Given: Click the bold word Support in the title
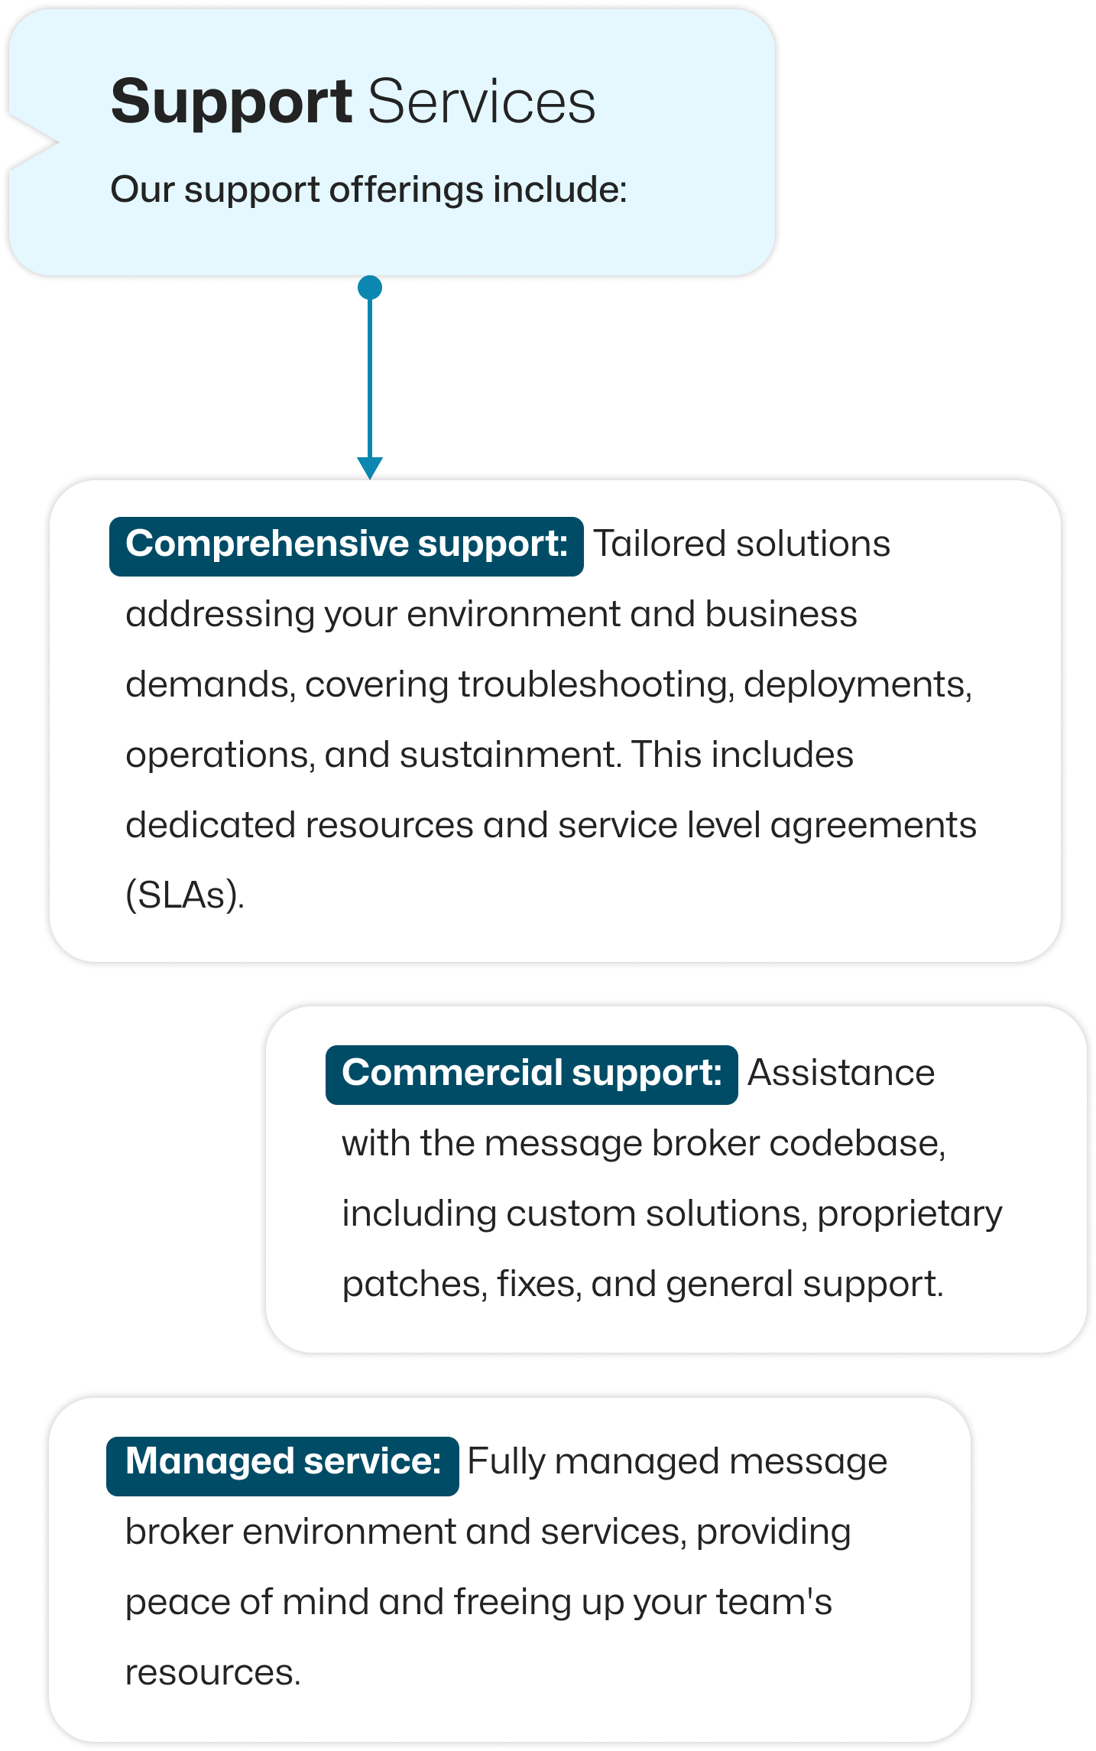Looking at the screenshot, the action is pyautogui.click(x=232, y=103).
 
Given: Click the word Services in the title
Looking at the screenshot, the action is pyautogui.click(x=482, y=102).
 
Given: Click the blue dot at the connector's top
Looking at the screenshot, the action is pyautogui.click(x=370, y=288).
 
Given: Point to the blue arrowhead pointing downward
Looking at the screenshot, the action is pyautogui.click(x=370, y=468).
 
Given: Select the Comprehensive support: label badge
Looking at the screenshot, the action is pyautogui.click(x=346, y=546).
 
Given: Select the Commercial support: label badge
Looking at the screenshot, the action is pyautogui.click(x=531, y=1074).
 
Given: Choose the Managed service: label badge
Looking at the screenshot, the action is pyautogui.click(x=282, y=1466).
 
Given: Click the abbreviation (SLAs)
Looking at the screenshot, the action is pyautogui.click(x=185, y=895).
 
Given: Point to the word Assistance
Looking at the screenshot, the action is pyautogui.click(x=841, y=1073).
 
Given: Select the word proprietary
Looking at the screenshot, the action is pyautogui.click(x=910, y=1215).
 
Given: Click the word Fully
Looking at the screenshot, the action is pyautogui.click(x=507, y=1463).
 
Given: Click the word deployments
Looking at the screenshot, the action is pyautogui.click(x=858, y=685).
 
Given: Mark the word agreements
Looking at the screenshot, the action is pyautogui.click(x=873, y=827).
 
